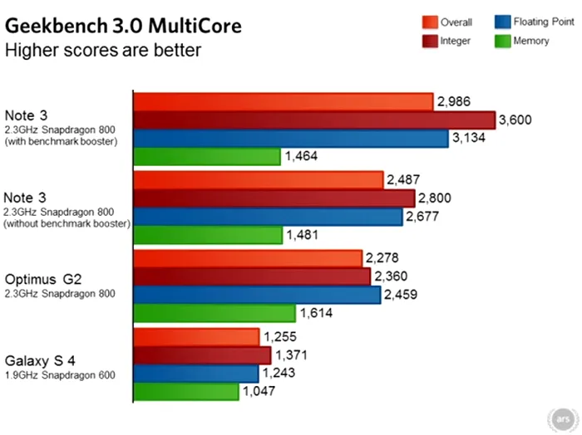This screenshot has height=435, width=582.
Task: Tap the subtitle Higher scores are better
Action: click(103, 51)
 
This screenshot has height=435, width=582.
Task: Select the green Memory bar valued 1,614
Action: click(215, 314)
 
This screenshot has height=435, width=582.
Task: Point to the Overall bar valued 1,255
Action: click(196, 337)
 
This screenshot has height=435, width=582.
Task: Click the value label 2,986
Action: click(454, 102)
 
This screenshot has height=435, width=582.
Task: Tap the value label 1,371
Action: click(291, 355)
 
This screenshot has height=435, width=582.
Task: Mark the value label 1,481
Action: click(302, 235)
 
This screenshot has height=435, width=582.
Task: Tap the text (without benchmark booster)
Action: click(67, 224)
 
